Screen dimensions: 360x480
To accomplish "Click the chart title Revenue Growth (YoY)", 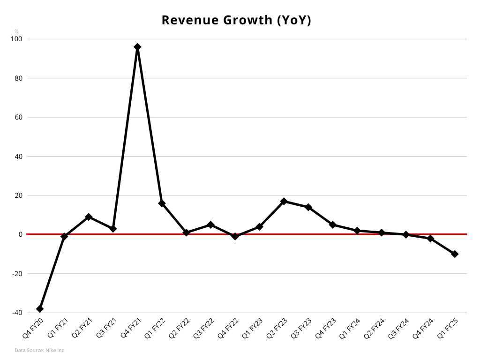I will pyautogui.click(x=236, y=20).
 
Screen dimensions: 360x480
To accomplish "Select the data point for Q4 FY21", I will pyautogui.click(x=137, y=47).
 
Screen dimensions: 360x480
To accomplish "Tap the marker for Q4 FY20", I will pyautogui.click(x=40, y=309).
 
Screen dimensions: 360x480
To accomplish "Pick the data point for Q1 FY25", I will pyautogui.click(x=455, y=254).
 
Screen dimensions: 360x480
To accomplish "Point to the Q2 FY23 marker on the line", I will pyautogui.click(x=284, y=201).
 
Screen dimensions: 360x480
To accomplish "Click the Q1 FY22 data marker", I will pyautogui.click(x=162, y=203).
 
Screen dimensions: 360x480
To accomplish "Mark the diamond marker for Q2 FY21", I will pyautogui.click(x=89, y=217).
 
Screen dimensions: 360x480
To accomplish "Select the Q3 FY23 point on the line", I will pyautogui.click(x=308, y=207).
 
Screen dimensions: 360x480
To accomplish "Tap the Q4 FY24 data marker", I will pyautogui.click(x=430, y=239).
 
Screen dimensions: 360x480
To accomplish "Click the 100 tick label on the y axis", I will pyautogui.click(x=16, y=39).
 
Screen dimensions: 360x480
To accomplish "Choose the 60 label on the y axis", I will pyautogui.click(x=18, y=117).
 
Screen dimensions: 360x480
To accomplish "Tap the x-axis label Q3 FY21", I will pyautogui.click(x=107, y=329).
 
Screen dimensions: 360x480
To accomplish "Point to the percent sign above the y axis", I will pyautogui.click(x=16, y=31).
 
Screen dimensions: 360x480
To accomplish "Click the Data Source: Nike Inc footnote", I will pyautogui.click(x=39, y=350).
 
